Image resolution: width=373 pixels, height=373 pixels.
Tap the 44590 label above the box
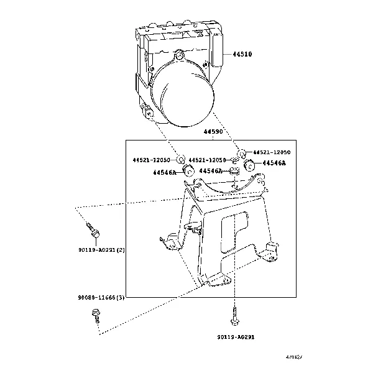point(213,132)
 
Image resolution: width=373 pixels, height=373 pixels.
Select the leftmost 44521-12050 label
point(151,160)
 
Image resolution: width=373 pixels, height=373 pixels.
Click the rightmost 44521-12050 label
point(270,152)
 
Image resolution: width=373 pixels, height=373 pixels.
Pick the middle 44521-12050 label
point(208,160)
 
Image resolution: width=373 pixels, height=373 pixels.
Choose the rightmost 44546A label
point(274,163)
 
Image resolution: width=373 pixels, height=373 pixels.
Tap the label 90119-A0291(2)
point(102,250)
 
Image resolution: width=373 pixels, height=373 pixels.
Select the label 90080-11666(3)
point(101,298)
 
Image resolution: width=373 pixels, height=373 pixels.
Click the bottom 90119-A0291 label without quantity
point(236,337)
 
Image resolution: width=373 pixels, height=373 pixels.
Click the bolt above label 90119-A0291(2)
point(93,231)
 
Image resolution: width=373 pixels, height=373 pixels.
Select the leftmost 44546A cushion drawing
point(190,170)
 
